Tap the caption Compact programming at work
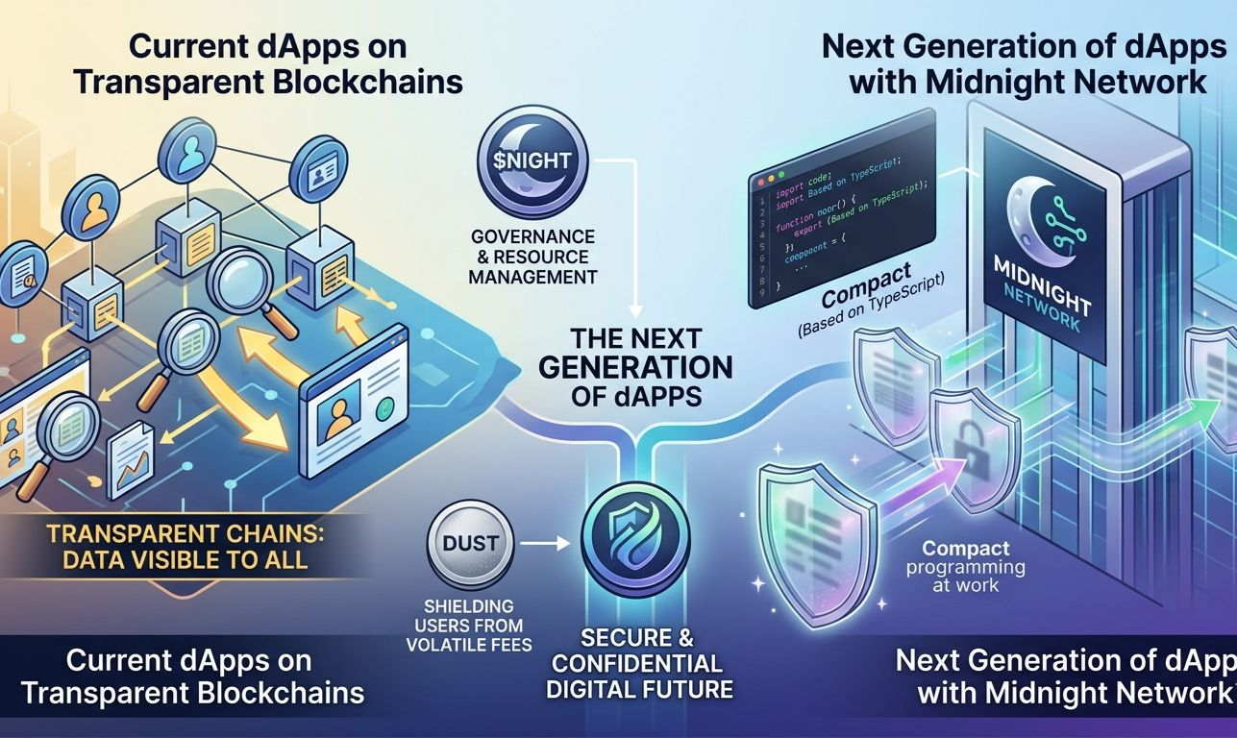pos(973,566)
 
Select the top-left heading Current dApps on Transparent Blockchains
pos(267,64)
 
